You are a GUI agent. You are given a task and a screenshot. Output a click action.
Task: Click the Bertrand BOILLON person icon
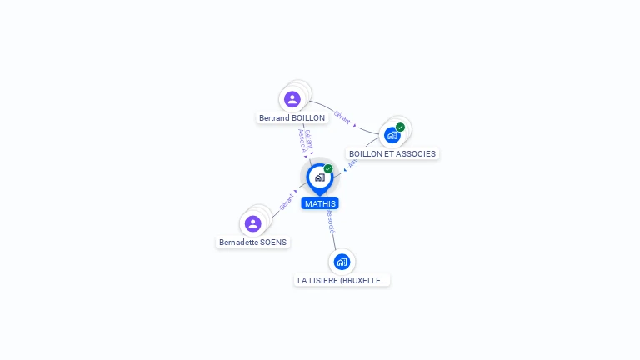pos(292,100)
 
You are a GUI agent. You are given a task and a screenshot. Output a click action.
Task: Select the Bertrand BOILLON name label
pos(292,118)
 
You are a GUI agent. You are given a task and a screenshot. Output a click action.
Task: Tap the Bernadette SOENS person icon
pos(253,223)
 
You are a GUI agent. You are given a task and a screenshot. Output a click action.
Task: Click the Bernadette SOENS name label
pos(252,242)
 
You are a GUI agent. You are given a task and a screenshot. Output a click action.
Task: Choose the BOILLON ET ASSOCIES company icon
pos(392,135)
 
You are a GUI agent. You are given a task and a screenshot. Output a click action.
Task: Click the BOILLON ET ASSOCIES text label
pos(392,154)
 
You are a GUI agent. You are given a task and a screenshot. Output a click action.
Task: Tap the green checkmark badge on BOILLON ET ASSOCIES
pos(401,127)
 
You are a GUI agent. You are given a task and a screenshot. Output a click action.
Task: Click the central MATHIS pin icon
pos(318,177)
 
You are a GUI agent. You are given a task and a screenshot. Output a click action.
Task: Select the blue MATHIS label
pos(321,203)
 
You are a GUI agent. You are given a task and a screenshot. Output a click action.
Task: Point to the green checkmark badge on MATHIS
pos(328,169)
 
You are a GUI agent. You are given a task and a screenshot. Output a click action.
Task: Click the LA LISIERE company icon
pos(342,262)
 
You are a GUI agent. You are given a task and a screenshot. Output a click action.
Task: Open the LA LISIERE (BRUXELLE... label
pos(342,281)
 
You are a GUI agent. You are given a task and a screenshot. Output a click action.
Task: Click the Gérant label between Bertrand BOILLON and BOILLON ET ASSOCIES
pos(342,115)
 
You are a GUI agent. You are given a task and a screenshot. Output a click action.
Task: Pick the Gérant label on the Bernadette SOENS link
pos(286,202)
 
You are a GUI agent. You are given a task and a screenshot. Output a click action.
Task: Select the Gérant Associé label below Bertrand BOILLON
pos(305,139)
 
